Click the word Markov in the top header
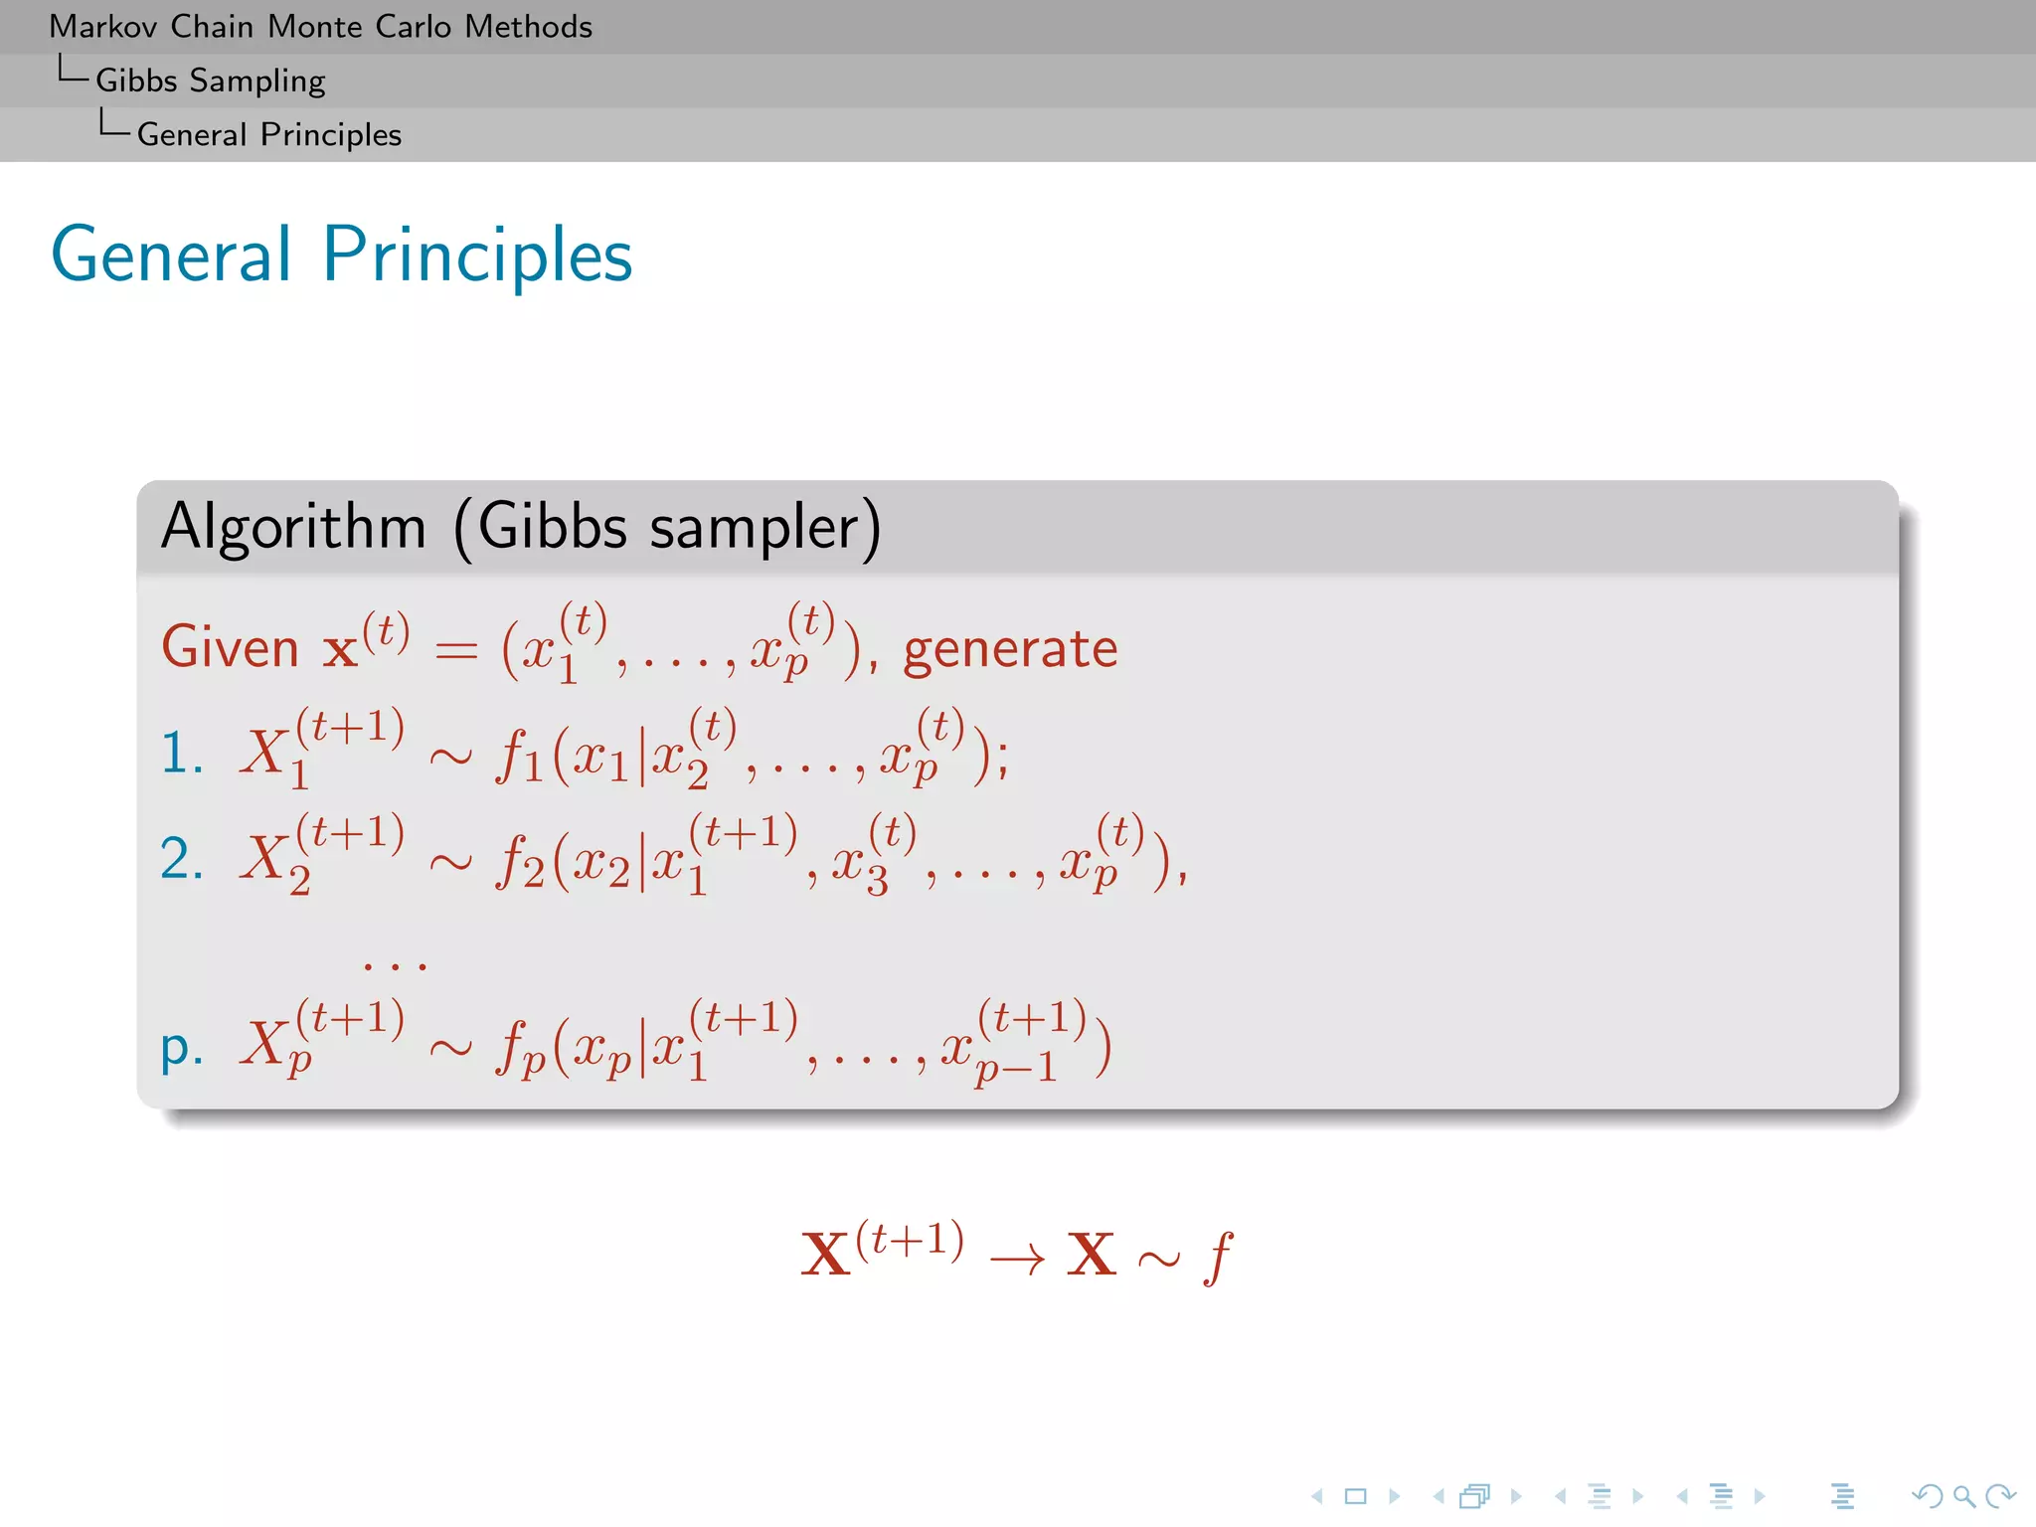[103, 27]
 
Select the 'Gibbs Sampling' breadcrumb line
[210, 81]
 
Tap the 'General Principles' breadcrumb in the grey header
[268, 134]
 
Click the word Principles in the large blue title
[477, 256]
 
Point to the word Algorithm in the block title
[293, 527]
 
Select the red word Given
[230, 648]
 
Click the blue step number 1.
[181, 753]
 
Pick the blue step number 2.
[181, 858]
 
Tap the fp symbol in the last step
[520, 1050]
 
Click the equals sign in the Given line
[456, 651]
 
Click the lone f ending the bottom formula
[1218, 1258]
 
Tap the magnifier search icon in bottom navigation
[1963, 1496]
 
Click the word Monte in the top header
[317, 27]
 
